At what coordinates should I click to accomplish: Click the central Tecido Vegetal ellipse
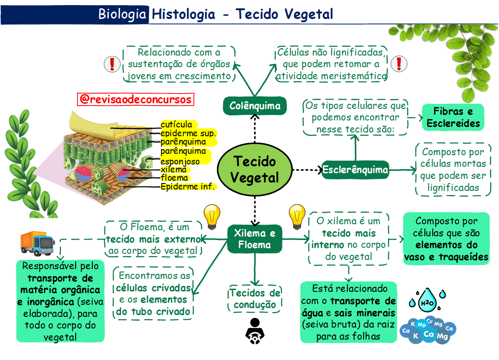(x=255, y=169)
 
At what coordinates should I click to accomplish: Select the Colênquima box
(x=255, y=106)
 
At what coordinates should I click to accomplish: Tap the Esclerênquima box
(x=355, y=170)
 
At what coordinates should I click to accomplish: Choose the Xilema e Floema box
(x=255, y=239)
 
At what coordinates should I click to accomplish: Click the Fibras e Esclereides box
(x=453, y=117)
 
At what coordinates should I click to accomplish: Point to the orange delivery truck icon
(x=38, y=243)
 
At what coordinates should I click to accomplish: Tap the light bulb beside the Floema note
(x=211, y=217)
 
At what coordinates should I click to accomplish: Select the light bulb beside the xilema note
(x=297, y=217)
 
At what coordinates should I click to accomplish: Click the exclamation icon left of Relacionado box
(x=112, y=64)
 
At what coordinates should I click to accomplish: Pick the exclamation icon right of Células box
(x=399, y=63)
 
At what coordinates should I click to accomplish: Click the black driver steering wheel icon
(x=255, y=331)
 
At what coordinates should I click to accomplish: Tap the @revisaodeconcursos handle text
(x=135, y=99)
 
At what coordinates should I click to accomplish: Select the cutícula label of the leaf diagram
(x=177, y=124)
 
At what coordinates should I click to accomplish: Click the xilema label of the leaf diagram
(x=174, y=170)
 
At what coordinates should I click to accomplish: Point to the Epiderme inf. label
(x=188, y=186)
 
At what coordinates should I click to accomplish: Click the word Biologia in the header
(x=122, y=14)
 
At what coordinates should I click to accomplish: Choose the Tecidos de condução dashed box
(x=255, y=299)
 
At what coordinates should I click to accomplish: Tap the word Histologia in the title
(x=184, y=14)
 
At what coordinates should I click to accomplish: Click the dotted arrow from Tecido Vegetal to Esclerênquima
(x=307, y=170)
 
